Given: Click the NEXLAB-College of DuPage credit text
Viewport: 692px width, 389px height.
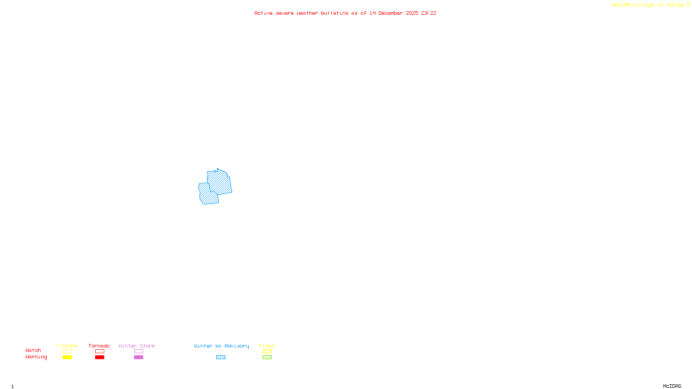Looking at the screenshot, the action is (648, 5).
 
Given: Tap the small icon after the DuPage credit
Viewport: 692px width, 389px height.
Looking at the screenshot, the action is (688, 5).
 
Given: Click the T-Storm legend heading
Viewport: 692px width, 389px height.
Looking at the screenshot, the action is (67, 346).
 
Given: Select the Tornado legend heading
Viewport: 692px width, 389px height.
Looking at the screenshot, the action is (99, 346).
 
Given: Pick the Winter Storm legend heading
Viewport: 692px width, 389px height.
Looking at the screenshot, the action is (137, 346).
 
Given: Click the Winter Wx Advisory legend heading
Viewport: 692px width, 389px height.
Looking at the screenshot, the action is (221, 346).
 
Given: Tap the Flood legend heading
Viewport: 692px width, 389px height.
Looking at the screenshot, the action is (267, 346).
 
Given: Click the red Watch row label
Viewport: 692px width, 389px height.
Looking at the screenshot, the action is (33, 350).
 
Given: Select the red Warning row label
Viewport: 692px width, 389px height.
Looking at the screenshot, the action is (36, 357).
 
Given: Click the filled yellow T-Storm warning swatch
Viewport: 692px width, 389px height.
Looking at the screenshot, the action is (67, 357).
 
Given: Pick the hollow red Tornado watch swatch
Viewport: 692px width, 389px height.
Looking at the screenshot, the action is (99, 351).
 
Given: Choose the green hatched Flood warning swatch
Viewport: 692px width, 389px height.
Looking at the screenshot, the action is (267, 357).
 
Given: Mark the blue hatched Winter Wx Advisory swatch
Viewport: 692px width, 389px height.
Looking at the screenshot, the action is (221, 357).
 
